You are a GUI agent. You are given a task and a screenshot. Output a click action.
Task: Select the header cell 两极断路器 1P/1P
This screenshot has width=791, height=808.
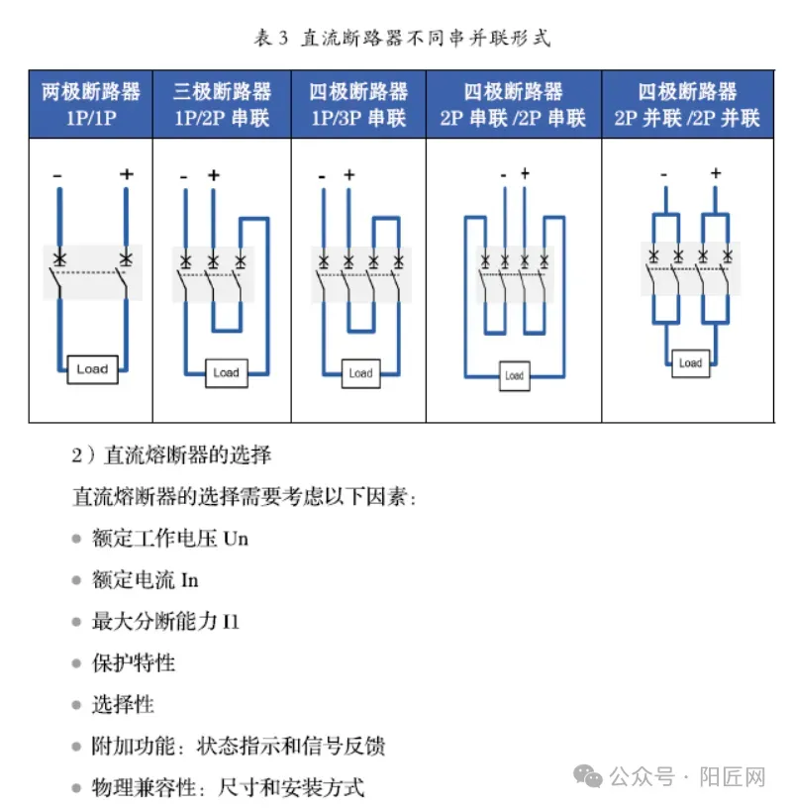[x=90, y=104]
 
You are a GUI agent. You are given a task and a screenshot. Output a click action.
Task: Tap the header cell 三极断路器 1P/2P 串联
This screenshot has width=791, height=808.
[x=222, y=104]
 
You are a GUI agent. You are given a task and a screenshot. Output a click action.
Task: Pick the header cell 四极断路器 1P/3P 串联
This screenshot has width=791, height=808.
[x=358, y=104]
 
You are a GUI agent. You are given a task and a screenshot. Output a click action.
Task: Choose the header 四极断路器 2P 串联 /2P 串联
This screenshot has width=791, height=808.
[x=513, y=104]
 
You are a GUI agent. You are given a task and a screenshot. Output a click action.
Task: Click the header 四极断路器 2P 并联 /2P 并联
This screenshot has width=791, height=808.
[x=687, y=104]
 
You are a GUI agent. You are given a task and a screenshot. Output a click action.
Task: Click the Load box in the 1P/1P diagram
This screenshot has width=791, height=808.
[x=92, y=369]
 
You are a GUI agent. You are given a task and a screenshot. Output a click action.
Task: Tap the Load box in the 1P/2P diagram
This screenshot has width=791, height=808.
[x=226, y=372]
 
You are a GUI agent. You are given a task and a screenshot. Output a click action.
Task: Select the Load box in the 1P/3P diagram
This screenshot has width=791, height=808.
[x=360, y=372]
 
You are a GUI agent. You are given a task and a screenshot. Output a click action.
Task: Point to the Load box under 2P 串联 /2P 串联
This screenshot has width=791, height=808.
[x=514, y=375]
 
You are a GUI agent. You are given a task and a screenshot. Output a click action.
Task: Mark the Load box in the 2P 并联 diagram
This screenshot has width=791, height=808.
[x=690, y=362]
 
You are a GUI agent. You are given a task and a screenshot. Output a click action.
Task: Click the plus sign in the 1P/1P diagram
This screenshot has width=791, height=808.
[x=126, y=174]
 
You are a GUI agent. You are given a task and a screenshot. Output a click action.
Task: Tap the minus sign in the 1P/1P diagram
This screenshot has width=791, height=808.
[x=57, y=176]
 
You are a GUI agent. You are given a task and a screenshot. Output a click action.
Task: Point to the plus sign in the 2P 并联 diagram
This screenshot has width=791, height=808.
[x=715, y=173]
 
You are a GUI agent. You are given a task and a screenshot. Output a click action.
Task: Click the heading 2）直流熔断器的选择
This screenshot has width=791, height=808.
[x=171, y=455]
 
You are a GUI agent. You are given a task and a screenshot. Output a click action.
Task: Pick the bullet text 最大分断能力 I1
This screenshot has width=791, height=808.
[x=165, y=621]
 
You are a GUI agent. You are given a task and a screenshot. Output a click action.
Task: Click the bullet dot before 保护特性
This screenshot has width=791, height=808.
[x=76, y=662]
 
